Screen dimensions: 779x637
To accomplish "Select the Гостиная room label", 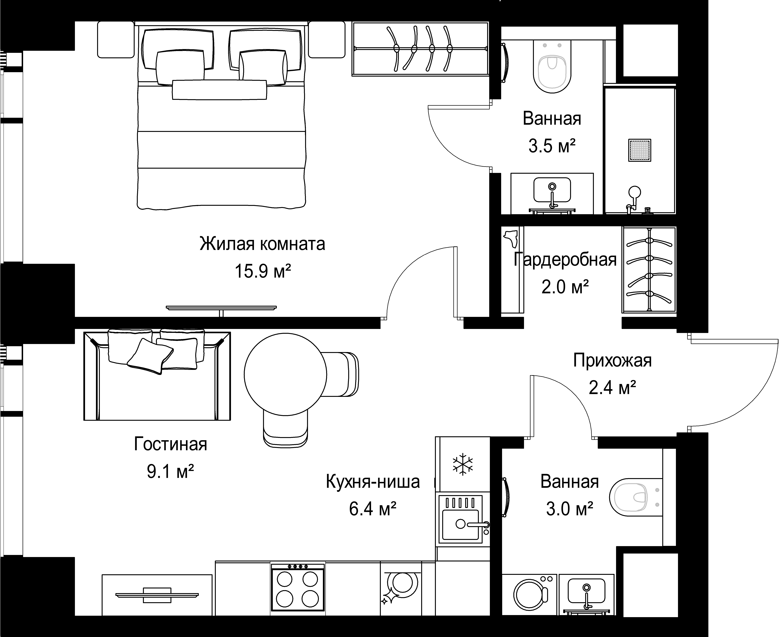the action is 171,444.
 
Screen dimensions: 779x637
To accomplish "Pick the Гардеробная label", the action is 565,259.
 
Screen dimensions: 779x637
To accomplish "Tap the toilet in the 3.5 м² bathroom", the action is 552,66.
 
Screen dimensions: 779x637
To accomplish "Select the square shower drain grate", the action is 640,150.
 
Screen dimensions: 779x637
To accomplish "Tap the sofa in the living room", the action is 157,376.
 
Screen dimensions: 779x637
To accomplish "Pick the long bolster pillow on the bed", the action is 219,90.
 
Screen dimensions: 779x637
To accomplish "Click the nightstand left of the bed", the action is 116,40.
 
